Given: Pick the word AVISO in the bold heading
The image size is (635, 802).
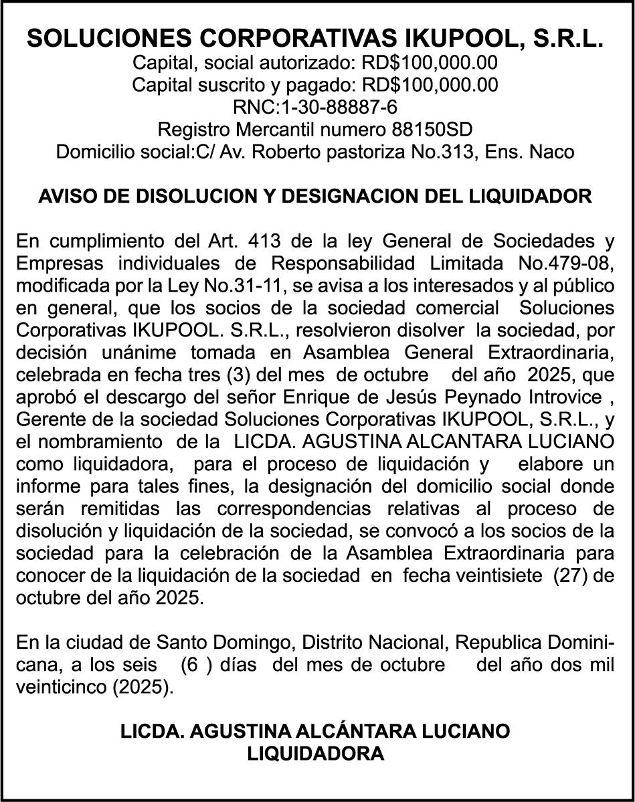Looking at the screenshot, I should [x=64, y=197].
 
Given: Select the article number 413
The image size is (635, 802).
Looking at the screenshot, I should [x=264, y=241].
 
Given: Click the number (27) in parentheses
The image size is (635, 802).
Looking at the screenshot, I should [x=570, y=576].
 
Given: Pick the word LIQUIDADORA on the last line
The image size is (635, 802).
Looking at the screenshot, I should [x=316, y=754].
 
